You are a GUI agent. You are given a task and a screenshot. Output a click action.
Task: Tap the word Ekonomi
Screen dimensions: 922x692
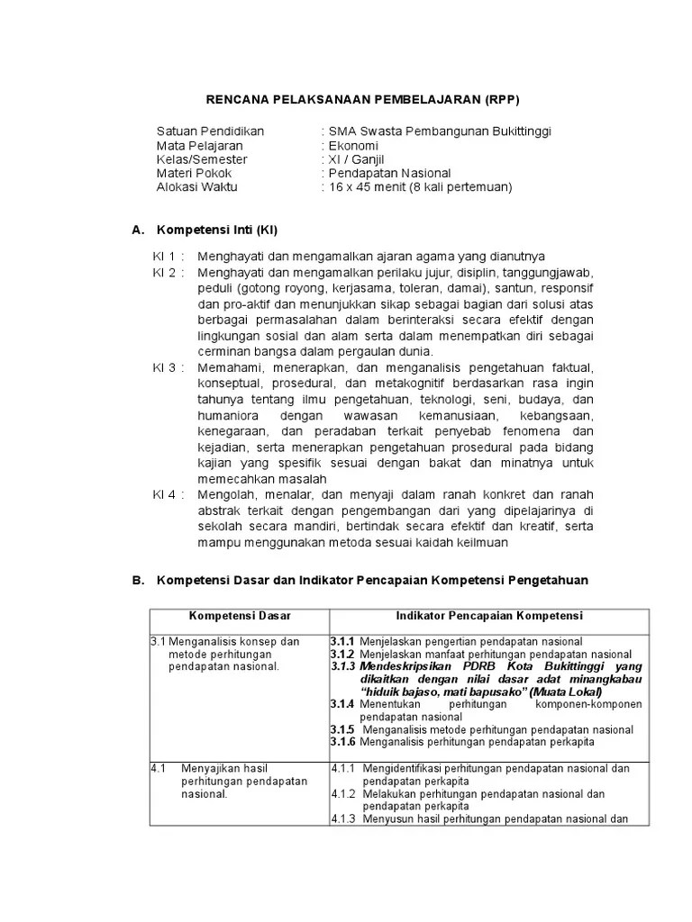pyautogui.click(x=353, y=145)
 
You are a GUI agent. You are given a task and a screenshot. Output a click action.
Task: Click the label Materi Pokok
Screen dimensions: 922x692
pyautogui.click(x=194, y=173)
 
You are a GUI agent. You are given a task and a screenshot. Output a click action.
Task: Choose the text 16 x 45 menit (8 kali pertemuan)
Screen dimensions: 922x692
pyautogui.click(x=419, y=187)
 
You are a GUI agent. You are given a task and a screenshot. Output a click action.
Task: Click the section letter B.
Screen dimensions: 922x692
pyautogui.click(x=138, y=581)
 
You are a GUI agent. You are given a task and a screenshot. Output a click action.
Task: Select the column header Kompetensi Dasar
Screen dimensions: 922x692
pyautogui.click(x=233, y=616)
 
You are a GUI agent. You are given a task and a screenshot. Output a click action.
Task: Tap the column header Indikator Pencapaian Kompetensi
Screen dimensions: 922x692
pyautogui.click(x=489, y=616)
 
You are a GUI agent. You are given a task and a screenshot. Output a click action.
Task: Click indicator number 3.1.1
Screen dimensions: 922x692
pyautogui.click(x=342, y=641)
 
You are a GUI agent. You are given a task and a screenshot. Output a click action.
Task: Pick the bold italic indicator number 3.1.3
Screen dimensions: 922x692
pyautogui.click(x=343, y=666)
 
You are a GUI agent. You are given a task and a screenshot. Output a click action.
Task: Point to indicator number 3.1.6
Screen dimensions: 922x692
pyautogui.click(x=343, y=742)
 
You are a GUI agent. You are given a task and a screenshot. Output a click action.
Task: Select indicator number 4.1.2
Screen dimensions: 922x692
pyautogui.click(x=344, y=794)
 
